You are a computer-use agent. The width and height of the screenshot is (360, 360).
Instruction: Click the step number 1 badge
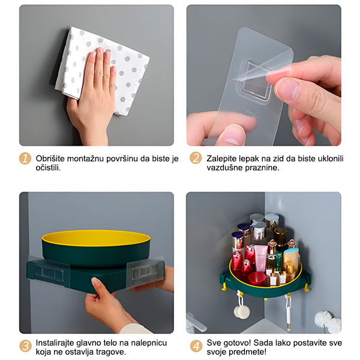tap(25, 158)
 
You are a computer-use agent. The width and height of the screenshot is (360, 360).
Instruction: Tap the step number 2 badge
tap(196, 158)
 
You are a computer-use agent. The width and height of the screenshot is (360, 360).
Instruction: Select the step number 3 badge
tap(25, 346)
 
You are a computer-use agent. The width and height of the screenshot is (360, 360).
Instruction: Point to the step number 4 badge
tap(196, 346)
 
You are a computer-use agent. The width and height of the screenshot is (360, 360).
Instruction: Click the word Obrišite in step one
tap(50, 158)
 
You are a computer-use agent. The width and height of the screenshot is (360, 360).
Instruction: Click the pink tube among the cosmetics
tap(260, 258)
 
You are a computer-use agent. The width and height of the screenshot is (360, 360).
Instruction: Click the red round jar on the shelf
tap(257, 279)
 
